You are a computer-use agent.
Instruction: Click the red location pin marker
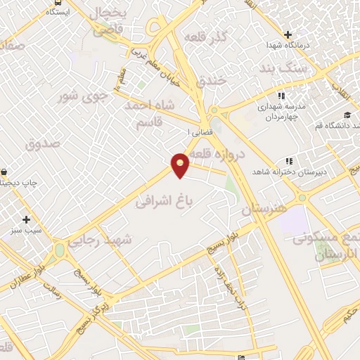coord(181,164)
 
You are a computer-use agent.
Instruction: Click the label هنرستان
coord(266,210)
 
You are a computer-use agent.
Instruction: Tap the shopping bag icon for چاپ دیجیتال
coord(5,172)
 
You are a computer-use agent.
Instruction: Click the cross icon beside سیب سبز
coord(27,219)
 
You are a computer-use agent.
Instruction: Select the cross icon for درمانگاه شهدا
coord(288,34)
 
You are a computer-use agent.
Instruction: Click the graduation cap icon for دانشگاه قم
coord(347,115)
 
